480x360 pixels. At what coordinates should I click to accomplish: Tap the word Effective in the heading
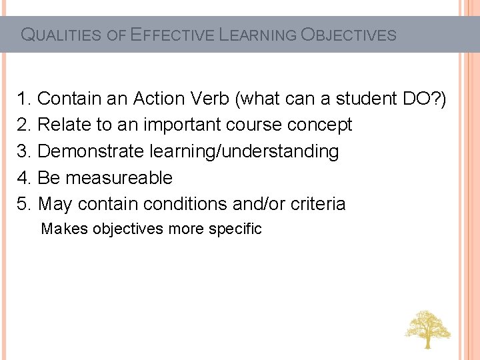point(171,35)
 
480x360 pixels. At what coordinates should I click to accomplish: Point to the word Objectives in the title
point(349,35)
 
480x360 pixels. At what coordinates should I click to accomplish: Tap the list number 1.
point(25,99)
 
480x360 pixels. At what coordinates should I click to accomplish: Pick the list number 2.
point(25,125)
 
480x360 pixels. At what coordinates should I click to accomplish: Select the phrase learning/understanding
point(243,151)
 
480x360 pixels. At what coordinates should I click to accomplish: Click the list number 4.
point(25,178)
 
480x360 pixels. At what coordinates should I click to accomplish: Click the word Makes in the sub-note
point(65,229)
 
